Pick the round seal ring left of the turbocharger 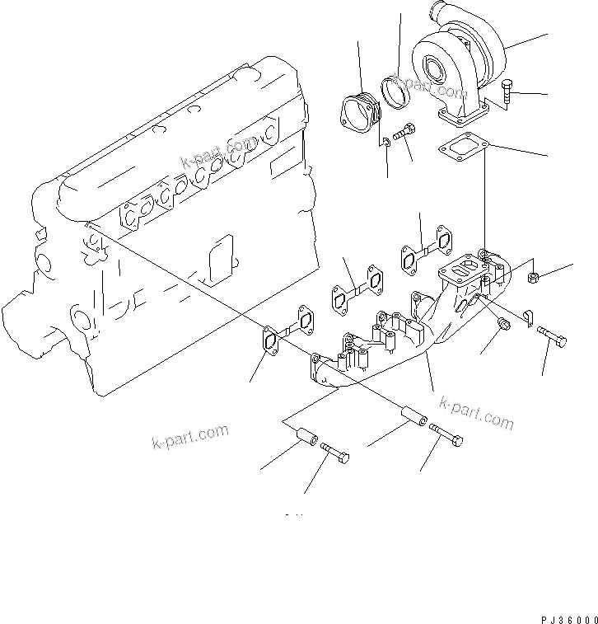399,92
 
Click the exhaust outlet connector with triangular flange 359,112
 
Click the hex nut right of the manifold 533,276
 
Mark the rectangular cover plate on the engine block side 219,257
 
